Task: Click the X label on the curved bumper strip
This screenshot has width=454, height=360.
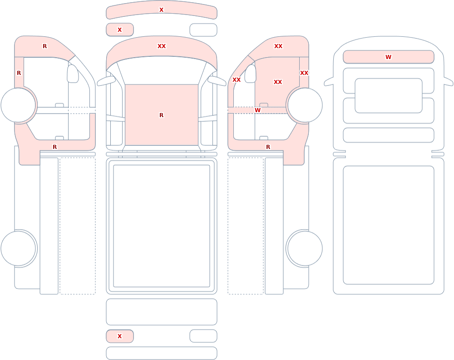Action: click(161, 10)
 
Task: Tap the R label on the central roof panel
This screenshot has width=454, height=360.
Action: click(161, 115)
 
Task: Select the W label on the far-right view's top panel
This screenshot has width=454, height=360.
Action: click(388, 57)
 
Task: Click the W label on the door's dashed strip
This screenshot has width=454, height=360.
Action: click(257, 110)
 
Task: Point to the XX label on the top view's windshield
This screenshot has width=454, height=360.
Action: click(162, 46)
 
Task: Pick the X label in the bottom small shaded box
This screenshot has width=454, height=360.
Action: click(119, 336)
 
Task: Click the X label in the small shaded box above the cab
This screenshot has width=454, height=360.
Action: click(119, 30)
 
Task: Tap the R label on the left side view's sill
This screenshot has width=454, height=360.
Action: click(55, 147)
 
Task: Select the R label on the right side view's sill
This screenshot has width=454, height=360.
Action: click(268, 147)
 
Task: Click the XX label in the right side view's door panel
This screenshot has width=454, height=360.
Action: click(278, 82)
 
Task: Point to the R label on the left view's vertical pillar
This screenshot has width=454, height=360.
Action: click(19, 73)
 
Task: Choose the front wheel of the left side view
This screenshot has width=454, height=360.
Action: click(19, 105)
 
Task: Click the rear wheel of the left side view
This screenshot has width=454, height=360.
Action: click(19, 248)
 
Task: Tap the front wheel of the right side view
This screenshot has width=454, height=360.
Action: click(305, 105)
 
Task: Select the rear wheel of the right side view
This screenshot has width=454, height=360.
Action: click(305, 248)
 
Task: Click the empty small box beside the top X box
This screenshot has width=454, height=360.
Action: click(203, 30)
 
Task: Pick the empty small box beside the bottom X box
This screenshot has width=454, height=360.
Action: click(203, 336)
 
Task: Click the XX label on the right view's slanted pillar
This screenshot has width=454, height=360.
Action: click(237, 79)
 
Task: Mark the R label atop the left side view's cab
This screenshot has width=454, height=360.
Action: click(44, 46)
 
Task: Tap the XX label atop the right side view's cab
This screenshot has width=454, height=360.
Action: click(278, 46)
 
